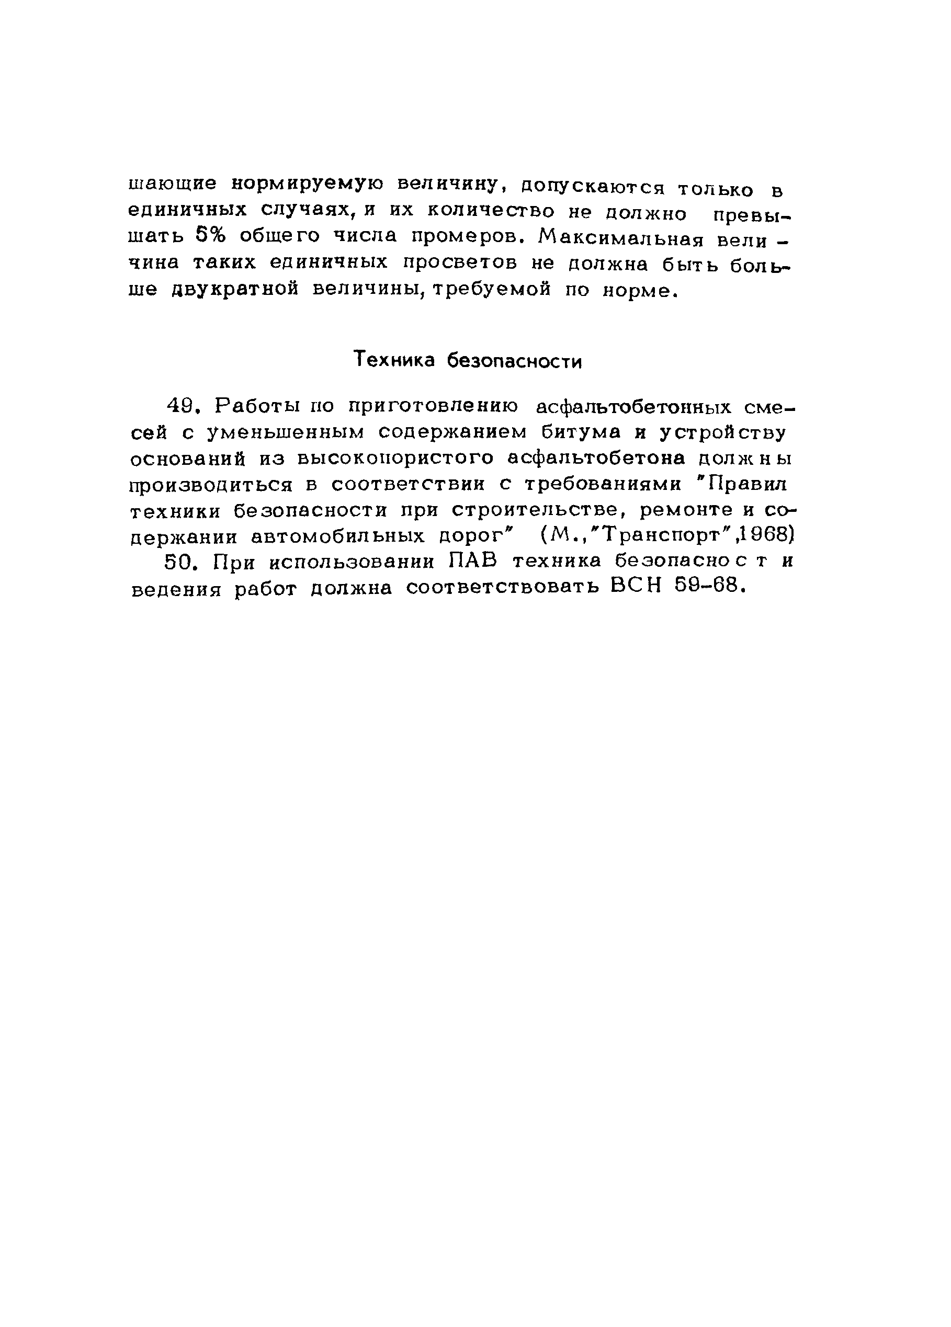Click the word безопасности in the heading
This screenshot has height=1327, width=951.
pyautogui.click(x=514, y=361)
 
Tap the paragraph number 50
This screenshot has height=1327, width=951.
pyautogui.click(x=178, y=562)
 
